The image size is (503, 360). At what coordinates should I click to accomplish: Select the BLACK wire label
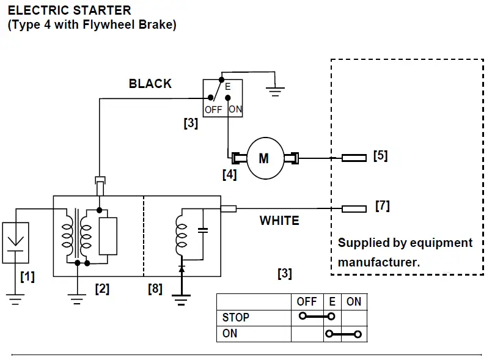click(150, 84)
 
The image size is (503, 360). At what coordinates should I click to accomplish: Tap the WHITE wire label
click(279, 221)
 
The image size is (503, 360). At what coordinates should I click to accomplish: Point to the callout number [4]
click(229, 174)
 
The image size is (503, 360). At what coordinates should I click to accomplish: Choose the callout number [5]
click(380, 155)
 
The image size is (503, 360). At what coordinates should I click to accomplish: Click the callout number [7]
click(382, 206)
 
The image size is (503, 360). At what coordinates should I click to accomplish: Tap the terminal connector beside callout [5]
click(354, 158)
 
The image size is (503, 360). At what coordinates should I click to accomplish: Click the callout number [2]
click(102, 288)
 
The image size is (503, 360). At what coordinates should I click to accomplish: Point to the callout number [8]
click(155, 288)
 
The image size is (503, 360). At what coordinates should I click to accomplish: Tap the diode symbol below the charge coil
click(181, 268)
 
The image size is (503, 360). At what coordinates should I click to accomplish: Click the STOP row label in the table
click(236, 318)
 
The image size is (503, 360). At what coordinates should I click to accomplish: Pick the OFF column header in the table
click(306, 302)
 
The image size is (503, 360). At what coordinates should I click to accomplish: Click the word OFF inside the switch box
click(213, 110)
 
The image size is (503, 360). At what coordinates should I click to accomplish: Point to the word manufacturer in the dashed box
click(378, 263)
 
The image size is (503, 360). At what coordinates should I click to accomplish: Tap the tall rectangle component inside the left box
click(108, 235)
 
